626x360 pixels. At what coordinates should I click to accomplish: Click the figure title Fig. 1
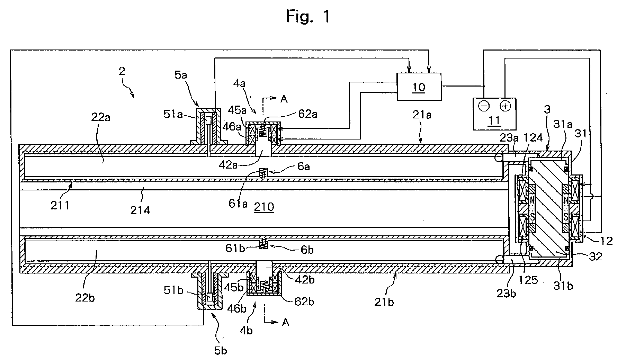[x=308, y=16]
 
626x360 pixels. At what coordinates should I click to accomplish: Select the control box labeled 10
[x=419, y=87]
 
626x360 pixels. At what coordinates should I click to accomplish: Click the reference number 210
[x=264, y=207]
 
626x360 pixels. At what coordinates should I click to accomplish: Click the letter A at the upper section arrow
[x=284, y=99]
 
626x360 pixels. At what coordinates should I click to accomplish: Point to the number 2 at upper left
[x=122, y=72]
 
